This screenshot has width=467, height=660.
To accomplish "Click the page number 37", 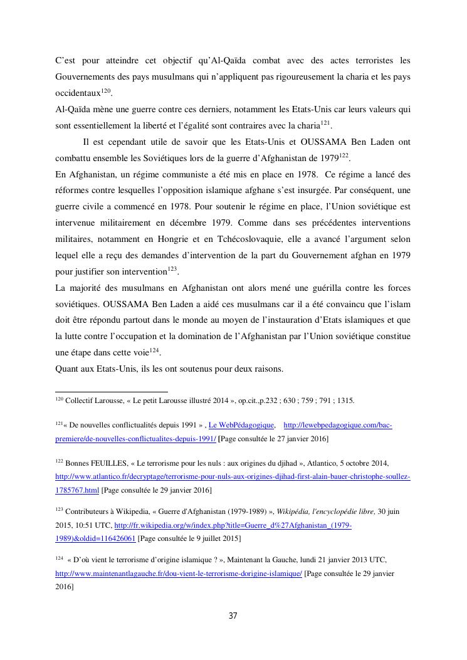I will (233, 615).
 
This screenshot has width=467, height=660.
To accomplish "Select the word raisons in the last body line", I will (269, 369).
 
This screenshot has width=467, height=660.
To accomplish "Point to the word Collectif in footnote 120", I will (81, 401).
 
